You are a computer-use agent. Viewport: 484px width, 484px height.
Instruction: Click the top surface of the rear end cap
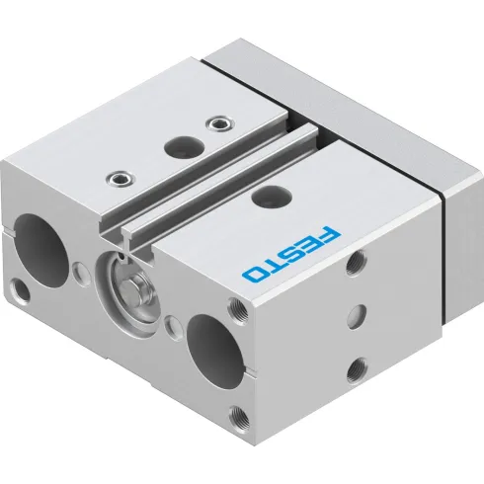tap(316, 69)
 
